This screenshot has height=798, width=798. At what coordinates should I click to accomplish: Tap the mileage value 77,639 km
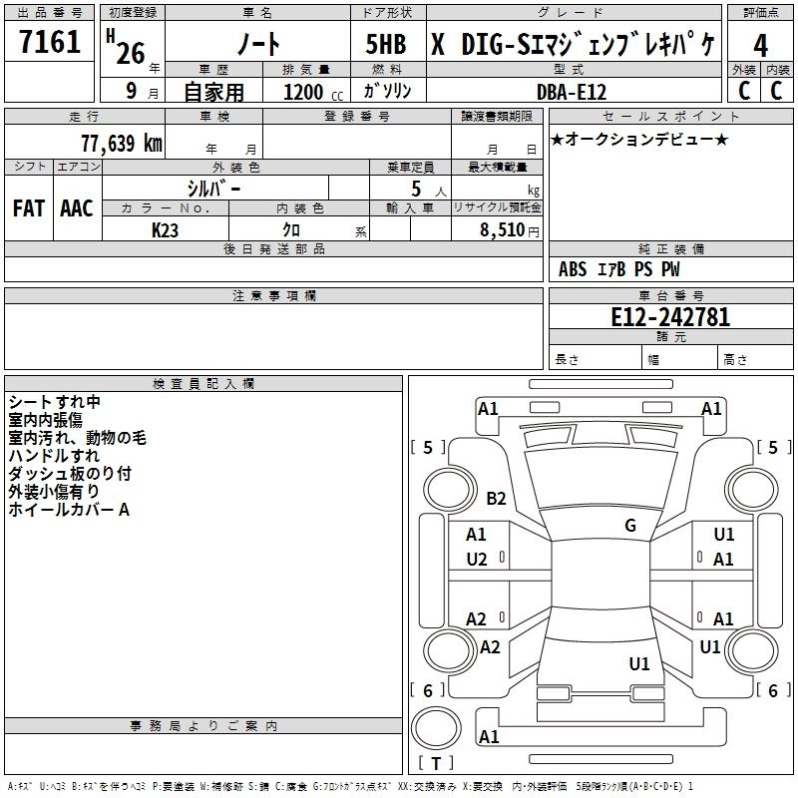tap(121, 143)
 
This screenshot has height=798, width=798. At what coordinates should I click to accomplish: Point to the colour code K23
tap(165, 229)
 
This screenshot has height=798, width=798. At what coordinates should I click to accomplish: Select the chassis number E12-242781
tap(670, 317)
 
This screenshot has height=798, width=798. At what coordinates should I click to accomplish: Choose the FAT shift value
tap(28, 208)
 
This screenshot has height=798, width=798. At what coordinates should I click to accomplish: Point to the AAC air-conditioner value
tap(76, 208)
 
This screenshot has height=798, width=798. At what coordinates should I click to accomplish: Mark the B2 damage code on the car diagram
tap(496, 499)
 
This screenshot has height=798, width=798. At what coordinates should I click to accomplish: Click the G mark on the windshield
tap(629, 526)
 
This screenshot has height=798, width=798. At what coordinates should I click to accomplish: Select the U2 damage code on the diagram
tap(477, 560)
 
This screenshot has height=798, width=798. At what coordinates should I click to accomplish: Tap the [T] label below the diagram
tap(435, 764)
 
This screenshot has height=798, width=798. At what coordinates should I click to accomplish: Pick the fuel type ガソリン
tap(390, 91)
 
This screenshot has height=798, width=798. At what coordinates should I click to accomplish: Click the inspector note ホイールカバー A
tap(69, 510)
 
